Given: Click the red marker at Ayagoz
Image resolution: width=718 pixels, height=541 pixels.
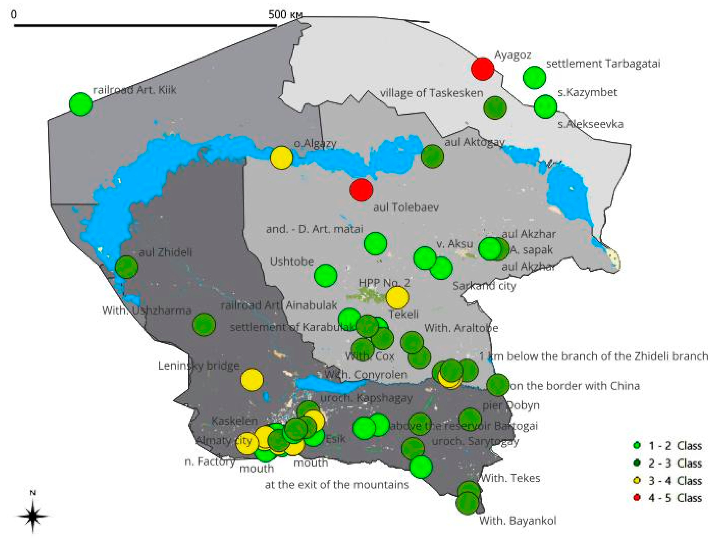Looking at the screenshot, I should [482, 69].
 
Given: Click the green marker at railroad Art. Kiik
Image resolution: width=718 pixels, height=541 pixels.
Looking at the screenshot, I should [81, 104].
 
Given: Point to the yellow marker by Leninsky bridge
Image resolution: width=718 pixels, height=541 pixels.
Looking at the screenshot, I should [252, 379].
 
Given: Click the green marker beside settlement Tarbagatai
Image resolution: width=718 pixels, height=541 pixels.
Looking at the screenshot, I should [534, 77].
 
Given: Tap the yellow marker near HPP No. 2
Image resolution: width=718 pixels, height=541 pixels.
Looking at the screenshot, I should [397, 297].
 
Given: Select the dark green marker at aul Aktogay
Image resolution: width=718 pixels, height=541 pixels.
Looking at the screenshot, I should [432, 156].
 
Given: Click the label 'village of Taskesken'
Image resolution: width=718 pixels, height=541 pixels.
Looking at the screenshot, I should [431, 93].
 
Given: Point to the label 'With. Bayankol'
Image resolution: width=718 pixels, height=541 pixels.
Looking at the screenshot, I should [518, 521].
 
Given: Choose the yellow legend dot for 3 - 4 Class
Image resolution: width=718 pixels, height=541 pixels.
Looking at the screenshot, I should [637, 480].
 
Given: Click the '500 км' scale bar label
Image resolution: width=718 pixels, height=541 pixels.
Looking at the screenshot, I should [285, 14].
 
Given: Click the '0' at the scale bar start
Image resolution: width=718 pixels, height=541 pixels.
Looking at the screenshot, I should [13, 14].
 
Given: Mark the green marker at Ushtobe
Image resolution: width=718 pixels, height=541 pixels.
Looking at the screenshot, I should [326, 275].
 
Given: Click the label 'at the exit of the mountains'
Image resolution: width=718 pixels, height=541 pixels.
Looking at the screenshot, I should [337, 485].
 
